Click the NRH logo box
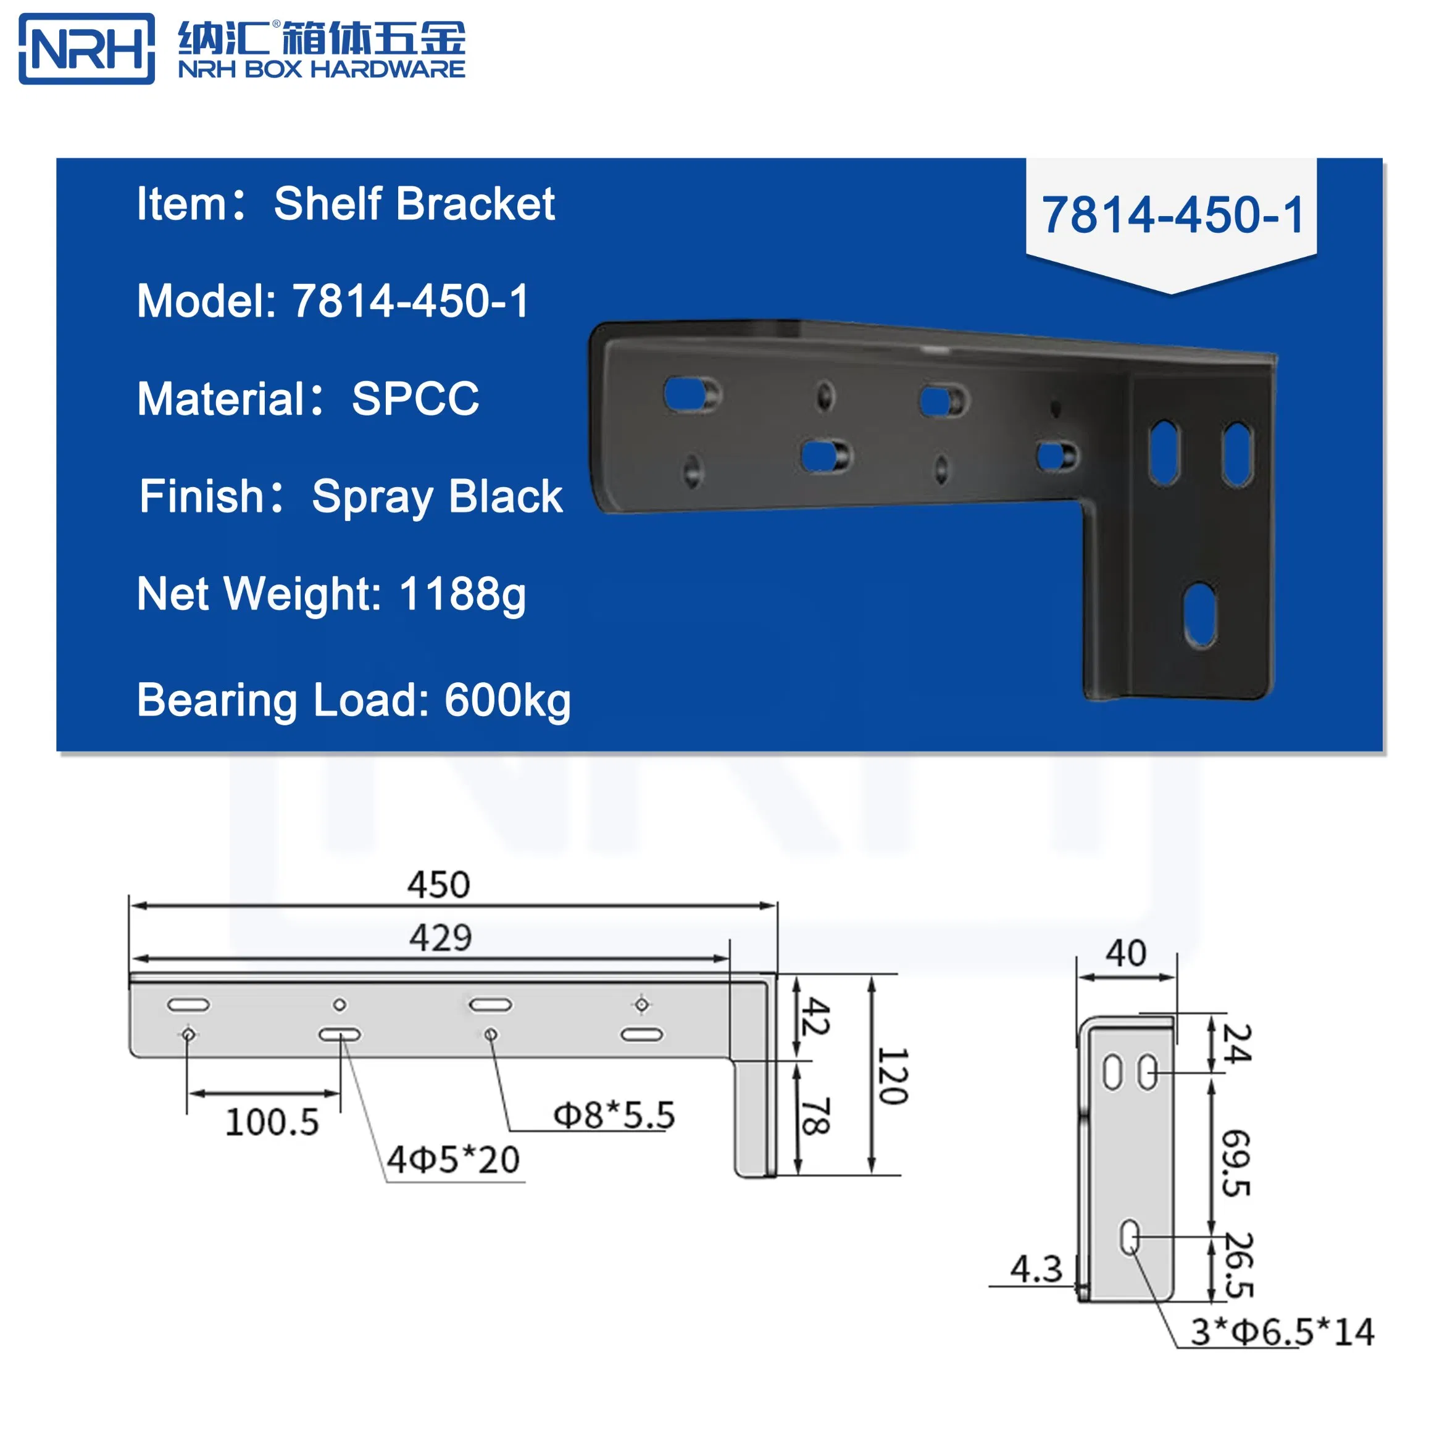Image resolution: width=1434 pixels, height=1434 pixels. coord(86,49)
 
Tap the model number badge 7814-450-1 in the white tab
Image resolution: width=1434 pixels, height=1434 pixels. coord(1172,215)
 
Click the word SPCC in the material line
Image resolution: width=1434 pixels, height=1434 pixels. coord(415,399)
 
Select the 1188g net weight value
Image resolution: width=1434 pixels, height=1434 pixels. coord(462,594)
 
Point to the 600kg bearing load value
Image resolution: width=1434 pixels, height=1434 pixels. coord(507,700)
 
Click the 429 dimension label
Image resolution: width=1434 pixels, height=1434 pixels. coord(440,938)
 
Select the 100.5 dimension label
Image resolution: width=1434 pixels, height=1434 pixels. coord(272,1122)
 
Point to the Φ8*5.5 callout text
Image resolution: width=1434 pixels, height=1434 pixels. coord(615,1115)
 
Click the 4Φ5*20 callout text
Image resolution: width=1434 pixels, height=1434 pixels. coord(454,1160)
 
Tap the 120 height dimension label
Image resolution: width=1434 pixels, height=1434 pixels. coord(893,1076)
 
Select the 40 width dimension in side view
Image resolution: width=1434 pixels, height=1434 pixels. coord(1126,954)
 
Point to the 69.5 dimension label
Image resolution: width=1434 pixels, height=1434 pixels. coord(1236,1163)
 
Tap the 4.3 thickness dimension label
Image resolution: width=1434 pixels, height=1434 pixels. coord(1036,1269)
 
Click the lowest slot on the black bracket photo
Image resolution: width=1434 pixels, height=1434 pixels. coord(1199,615)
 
